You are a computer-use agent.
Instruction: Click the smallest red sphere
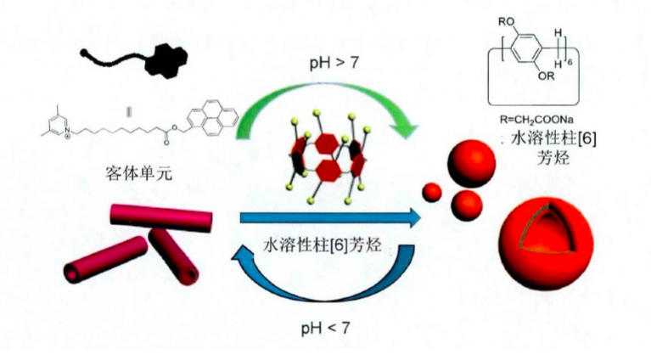433,191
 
